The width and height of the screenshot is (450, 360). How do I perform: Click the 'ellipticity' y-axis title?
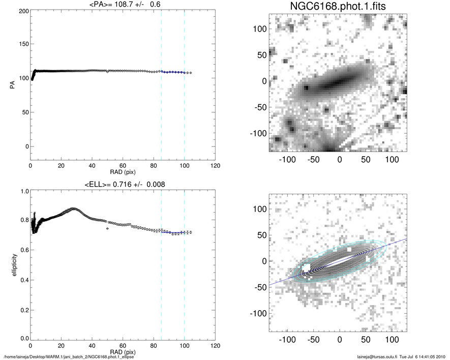[x=11, y=264]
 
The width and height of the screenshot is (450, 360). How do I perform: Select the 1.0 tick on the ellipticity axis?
[x=23, y=192]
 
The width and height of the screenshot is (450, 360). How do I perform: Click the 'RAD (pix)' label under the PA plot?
[x=123, y=172]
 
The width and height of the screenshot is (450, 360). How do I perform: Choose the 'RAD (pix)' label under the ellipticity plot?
[x=123, y=351]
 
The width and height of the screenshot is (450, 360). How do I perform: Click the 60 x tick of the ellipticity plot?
[x=123, y=345]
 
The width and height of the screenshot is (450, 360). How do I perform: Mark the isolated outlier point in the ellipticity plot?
[x=107, y=229]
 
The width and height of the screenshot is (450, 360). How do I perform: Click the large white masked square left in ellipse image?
[x=306, y=267]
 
